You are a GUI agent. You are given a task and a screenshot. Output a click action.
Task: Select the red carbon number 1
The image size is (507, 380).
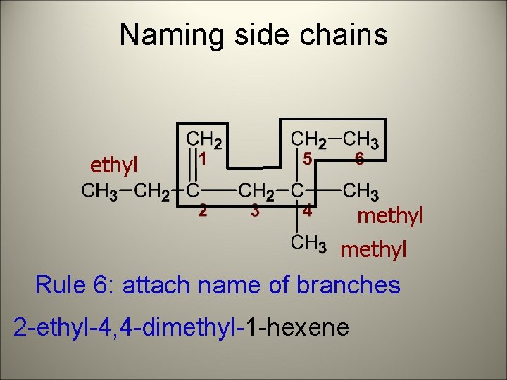(202, 160)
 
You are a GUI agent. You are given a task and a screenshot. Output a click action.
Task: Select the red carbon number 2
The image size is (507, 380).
(202, 210)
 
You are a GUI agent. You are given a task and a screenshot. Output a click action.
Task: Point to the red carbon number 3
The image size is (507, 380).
(256, 210)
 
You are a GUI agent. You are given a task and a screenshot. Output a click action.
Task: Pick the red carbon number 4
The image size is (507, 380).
(307, 210)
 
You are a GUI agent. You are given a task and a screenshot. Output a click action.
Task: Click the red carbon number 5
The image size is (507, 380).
(307, 160)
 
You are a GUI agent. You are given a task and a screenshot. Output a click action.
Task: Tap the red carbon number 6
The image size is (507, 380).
(359, 160)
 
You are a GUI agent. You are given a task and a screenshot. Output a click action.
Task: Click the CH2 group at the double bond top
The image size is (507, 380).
(204, 139)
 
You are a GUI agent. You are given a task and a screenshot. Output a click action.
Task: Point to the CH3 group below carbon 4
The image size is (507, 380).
(308, 243)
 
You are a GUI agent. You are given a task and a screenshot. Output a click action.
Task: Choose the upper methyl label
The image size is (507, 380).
(390, 215)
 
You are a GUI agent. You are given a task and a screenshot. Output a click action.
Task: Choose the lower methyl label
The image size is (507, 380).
(373, 250)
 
